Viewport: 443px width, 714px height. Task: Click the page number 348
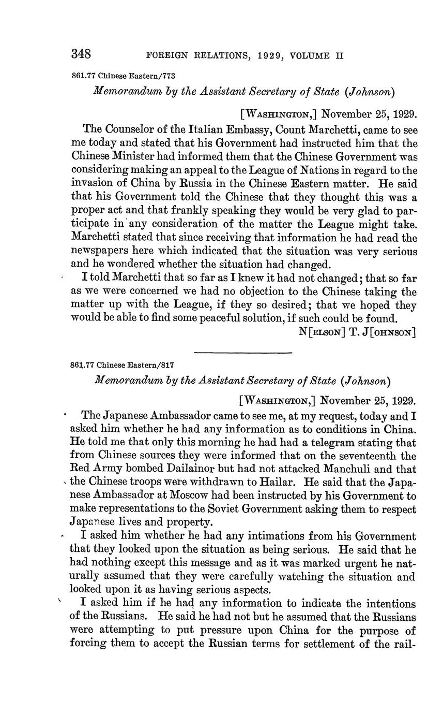tap(81, 54)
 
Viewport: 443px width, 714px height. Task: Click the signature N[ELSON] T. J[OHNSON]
tap(358, 331)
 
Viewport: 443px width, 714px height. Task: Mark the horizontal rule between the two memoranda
tap(243, 353)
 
